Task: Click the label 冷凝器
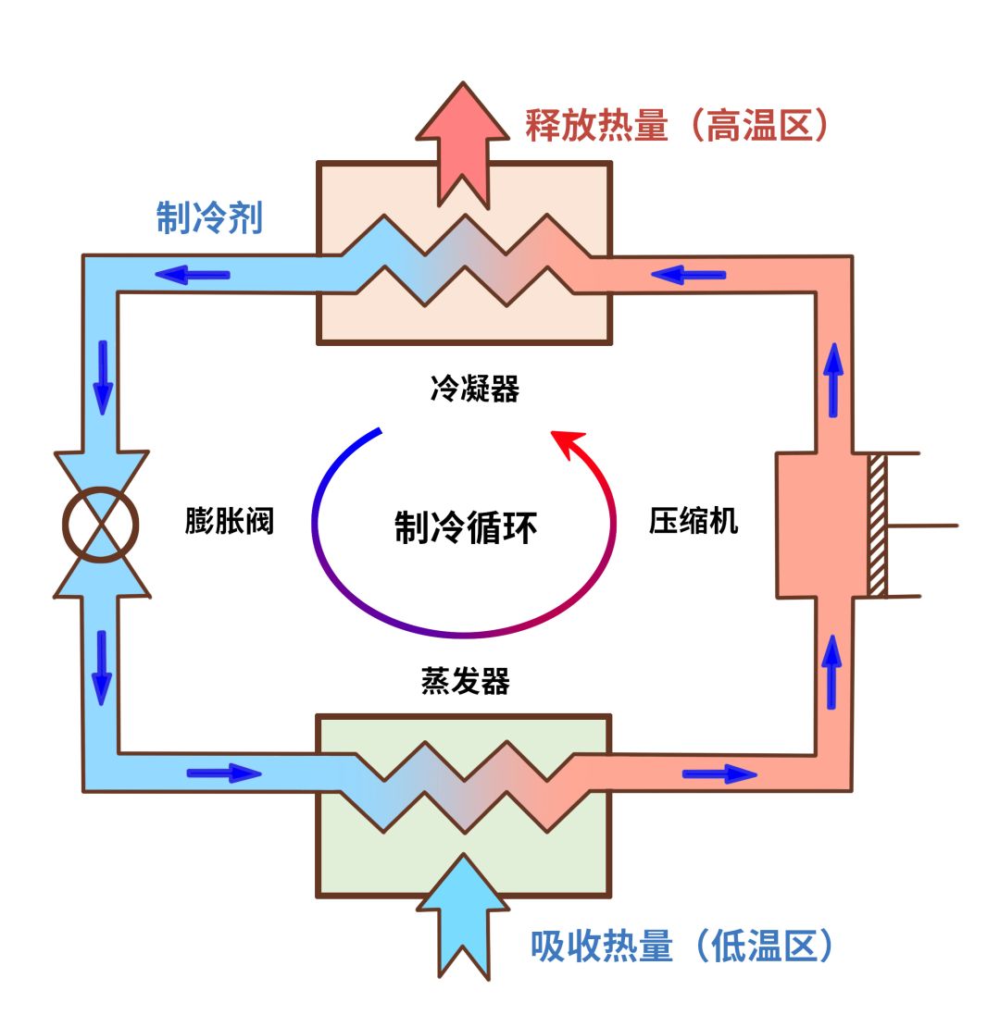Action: click(x=474, y=390)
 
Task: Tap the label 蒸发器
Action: click(x=465, y=682)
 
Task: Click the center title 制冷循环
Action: click(x=465, y=529)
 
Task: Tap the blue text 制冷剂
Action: click(x=209, y=218)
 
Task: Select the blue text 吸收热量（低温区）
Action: click(x=682, y=946)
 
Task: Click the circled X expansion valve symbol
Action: click(x=101, y=526)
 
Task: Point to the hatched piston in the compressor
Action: click(x=877, y=526)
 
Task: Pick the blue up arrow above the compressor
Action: click(x=834, y=379)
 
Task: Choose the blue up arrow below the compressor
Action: click(x=832, y=670)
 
